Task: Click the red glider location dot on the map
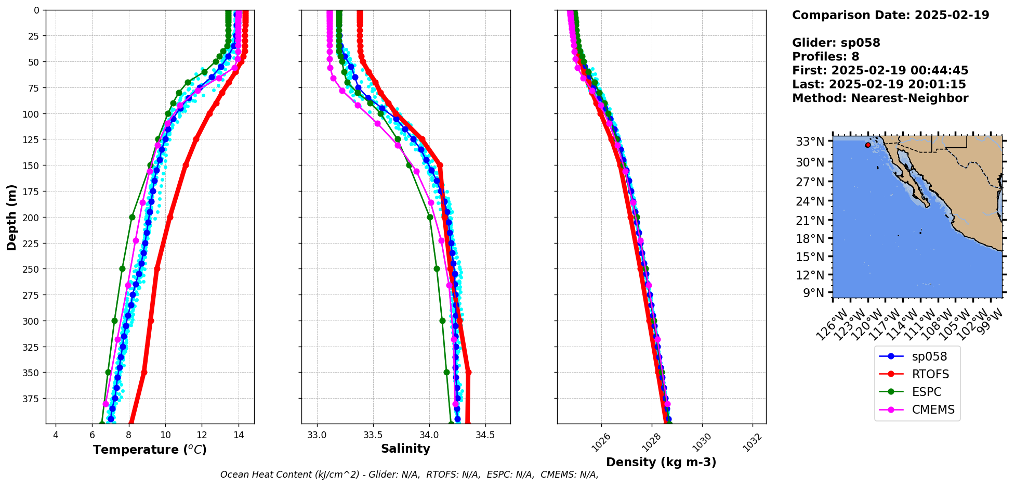[x=868, y=145]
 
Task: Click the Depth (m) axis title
[x=11, y=217]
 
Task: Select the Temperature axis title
[x=150, y=450]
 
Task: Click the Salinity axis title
[x=405, y=449]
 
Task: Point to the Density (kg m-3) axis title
[x=661, y=462]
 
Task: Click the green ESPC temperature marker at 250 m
[x=123, y=269]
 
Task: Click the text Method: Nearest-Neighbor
[x=880, y=98]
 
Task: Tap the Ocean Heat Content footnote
[x=409, y=475]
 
